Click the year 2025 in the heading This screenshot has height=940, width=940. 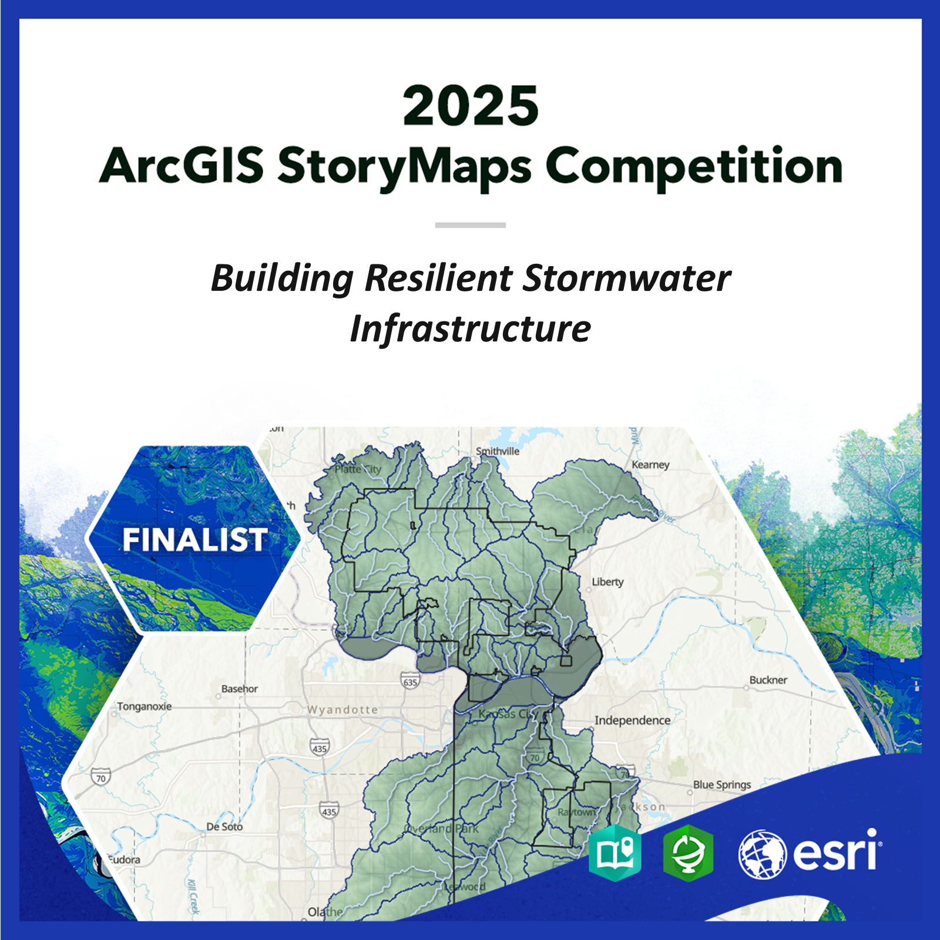470,106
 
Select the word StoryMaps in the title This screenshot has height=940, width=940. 404,166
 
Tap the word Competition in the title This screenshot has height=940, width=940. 694,166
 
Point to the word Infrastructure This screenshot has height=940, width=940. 470,328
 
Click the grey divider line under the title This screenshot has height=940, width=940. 470,225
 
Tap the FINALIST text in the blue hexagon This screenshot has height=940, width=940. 194,539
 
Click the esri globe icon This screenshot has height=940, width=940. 762,854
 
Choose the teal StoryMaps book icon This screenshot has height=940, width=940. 615,852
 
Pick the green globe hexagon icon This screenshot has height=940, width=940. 688,852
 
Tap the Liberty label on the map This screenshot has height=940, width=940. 607,582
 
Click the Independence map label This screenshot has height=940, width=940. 632,720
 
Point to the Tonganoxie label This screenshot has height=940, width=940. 145,706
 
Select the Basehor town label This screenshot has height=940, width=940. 240,689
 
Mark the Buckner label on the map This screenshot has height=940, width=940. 768,680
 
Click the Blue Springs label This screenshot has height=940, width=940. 722,784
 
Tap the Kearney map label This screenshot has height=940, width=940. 650,465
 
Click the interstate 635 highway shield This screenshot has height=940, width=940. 410,681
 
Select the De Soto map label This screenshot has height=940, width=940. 224,827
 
